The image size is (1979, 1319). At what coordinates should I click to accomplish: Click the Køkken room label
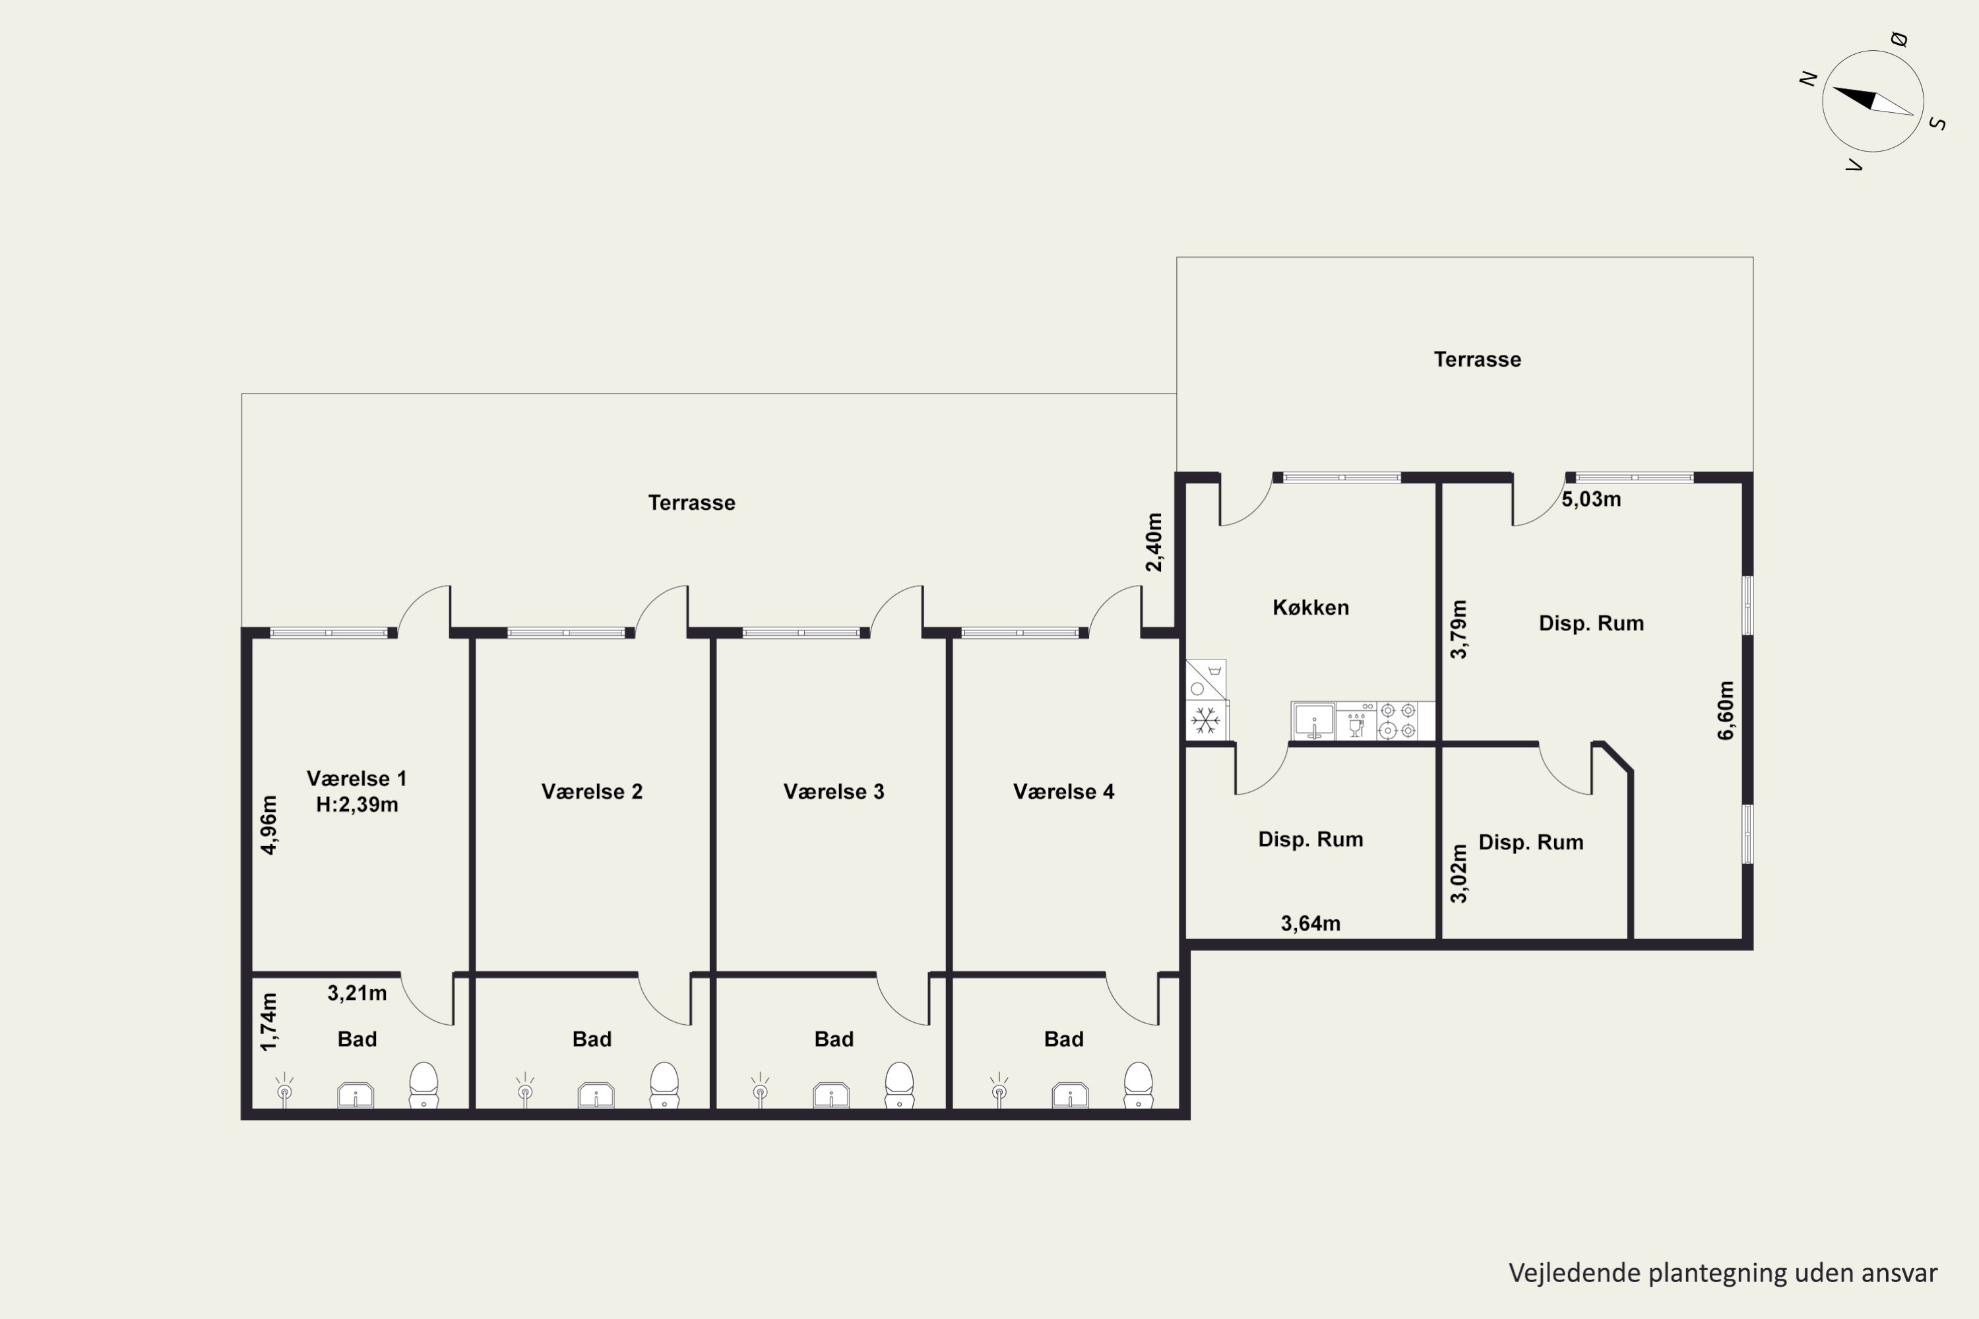coord(1310,607)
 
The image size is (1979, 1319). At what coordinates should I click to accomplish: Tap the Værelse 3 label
coord(834,791)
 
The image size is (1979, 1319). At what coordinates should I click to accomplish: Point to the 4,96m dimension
coord(268,824)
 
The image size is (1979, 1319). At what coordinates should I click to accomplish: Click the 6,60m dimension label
coord(1726,711)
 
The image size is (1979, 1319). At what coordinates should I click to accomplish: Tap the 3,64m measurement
coord(1310,924)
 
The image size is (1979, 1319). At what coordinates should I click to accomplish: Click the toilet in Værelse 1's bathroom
coord(424,1085)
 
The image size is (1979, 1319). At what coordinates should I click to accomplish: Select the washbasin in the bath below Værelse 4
coord(1069,1095)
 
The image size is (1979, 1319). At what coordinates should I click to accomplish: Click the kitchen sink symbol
coord(1313,721)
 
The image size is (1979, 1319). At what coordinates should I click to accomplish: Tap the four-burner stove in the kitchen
coord(1398,721)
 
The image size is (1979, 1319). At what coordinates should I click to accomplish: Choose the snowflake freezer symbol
coord(1206,720)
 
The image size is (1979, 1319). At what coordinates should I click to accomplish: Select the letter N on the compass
coord(1807,78)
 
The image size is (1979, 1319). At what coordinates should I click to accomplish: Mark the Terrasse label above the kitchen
coord(1478,359)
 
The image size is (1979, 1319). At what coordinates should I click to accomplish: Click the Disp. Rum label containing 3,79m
coord(1591,623)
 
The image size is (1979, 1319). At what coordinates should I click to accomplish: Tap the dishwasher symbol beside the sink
coord(1356,721)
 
